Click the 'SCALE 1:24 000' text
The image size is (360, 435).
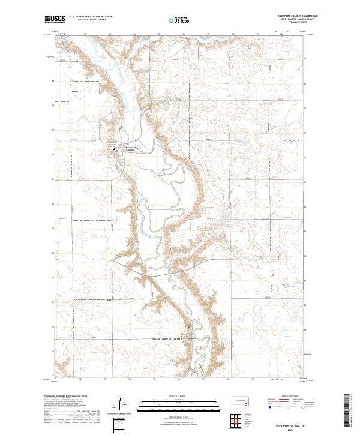(179, 394)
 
